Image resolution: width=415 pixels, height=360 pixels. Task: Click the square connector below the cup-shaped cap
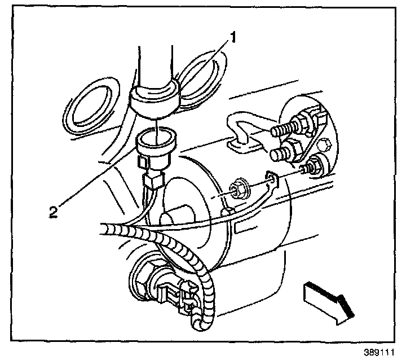click(153, 181)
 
